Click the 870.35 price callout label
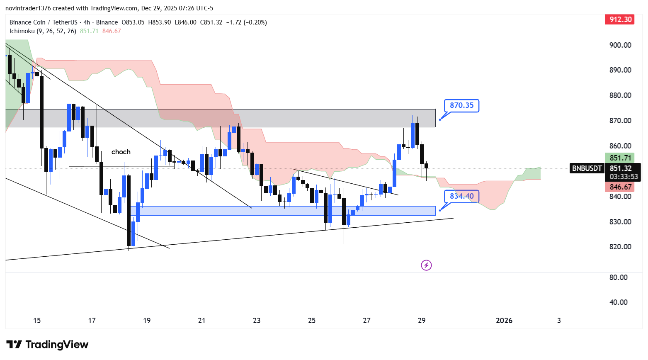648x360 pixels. click(x=461, y=105)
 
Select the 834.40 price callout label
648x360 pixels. click(x=461, y=196)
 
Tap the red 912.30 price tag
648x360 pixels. click(x=620, y=19)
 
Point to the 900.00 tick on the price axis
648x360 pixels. click(x=620, y=45)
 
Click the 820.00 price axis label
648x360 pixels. click(x=620, y=247)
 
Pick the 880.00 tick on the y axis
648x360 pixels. click(x=620, y=95)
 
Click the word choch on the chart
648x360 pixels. click(x=121, y=152)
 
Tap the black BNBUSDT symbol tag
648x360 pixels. click(x=587, y=168)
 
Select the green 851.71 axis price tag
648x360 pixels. click(x=620, y=158)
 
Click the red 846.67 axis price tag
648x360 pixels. click(x=620, y=187)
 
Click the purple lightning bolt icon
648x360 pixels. click(x=426, y=265)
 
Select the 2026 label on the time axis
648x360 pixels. click(x=504, y=321)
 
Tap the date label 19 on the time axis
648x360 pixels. click(x=147, y=321)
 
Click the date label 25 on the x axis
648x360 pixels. click(x=312, y=321)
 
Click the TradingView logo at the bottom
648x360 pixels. click(x=47, y=345)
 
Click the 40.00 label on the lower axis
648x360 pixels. click(x=618, y=302)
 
